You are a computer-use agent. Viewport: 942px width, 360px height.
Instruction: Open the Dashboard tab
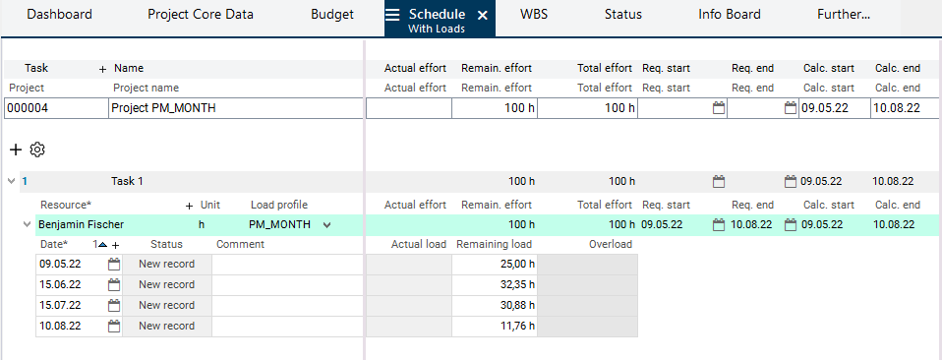click(59, 15)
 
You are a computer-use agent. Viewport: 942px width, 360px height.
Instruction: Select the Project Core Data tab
click(201, 15)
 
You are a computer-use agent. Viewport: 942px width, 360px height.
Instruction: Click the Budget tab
click(332, 15)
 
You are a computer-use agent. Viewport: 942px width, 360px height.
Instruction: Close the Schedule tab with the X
click(483, 16)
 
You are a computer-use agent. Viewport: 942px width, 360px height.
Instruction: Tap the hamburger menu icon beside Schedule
click(392, 15)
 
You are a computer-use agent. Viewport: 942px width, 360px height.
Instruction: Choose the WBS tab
click(534, 15)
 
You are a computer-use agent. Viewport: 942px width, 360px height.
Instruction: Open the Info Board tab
click(730, 15)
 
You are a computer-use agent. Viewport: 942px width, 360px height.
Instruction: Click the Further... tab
click(844, 15)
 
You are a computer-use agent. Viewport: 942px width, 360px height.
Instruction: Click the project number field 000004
click(56, 109)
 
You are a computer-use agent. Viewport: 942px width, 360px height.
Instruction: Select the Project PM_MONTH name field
click(236, 109)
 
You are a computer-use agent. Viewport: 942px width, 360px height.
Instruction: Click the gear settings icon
click(37, 150)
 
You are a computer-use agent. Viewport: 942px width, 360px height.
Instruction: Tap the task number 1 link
click(25, 181)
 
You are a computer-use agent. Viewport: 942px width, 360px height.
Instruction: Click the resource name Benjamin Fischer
click(81, 225)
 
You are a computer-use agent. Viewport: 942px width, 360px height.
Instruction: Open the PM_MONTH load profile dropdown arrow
click(326, 225)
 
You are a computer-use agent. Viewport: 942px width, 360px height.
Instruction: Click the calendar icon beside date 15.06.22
click(114, 285)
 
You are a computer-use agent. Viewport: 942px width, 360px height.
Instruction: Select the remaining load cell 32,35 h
click(495, 285)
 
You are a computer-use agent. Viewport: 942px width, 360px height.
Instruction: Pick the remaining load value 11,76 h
click(517, 326)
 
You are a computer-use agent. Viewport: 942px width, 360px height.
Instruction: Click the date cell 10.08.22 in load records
click(60, 326)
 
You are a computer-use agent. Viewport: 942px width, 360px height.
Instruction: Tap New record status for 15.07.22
click(167, 305)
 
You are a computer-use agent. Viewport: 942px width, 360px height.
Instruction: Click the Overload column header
click(611, 244)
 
